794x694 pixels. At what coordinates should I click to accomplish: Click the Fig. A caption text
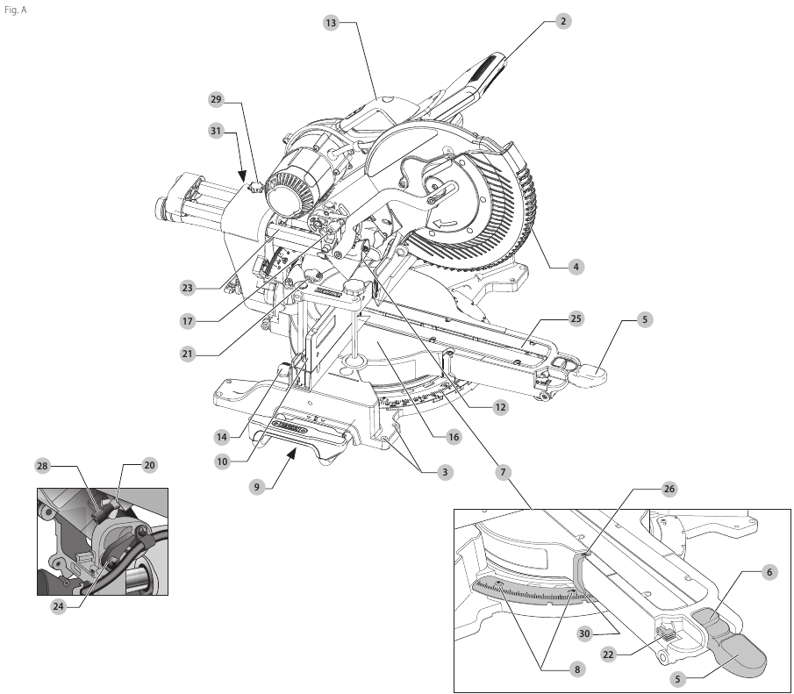point(16,12)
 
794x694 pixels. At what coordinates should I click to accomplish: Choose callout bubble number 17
point(187,321)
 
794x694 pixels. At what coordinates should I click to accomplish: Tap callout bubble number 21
point(187,354)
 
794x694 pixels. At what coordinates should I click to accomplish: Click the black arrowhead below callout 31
point(240,176)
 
